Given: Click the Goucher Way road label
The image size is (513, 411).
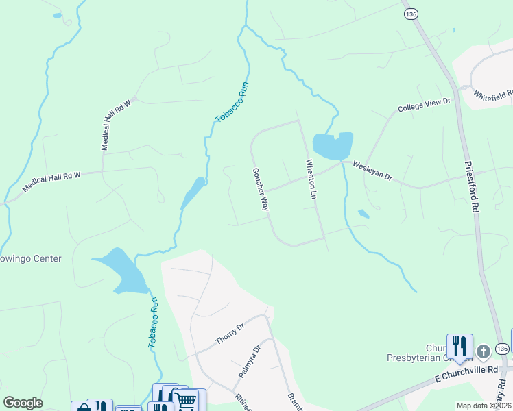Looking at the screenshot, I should pos(260,189).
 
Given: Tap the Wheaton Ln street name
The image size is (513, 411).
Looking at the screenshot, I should pos(311,179).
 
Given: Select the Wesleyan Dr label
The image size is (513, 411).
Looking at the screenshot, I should pos(372,171).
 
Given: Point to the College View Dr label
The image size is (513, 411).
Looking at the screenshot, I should pos(424,105).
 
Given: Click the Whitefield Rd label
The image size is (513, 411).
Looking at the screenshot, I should pos(492,96).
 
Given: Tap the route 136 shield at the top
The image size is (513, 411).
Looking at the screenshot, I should pos(411,14).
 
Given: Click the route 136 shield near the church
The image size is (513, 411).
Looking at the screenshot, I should pos(503,349).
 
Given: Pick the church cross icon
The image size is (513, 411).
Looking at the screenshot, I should pos(484,352).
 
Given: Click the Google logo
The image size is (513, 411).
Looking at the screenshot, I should pos(23,403).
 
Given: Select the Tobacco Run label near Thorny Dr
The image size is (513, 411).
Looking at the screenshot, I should pos(153,323).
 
